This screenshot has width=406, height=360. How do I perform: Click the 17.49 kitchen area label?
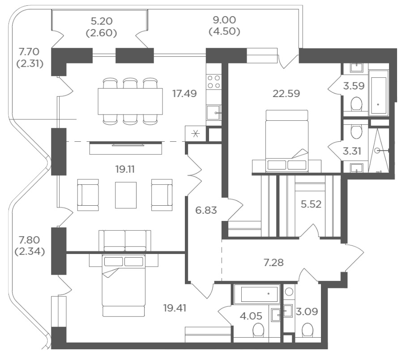184,93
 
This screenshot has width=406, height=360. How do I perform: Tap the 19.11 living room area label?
125,169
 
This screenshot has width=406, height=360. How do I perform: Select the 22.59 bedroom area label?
286,93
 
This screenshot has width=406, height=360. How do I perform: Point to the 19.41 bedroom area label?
175,308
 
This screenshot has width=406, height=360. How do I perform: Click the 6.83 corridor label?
206,210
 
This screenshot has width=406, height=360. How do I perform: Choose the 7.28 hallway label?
274,263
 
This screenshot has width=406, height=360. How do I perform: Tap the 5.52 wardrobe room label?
311,204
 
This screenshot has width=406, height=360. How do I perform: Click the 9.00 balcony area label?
224,20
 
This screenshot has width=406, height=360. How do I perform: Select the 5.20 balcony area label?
102,21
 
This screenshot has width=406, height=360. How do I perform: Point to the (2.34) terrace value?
30,251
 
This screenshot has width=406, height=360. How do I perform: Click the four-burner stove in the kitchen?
214,82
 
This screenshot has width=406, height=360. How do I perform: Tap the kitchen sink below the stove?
214,113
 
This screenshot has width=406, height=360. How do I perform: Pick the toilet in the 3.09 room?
308,330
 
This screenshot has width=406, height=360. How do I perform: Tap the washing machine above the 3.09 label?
289,292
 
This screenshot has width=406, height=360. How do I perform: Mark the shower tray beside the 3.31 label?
378,151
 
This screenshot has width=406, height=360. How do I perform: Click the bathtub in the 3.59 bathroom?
379,92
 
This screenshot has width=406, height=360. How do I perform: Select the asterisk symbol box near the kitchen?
196,134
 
